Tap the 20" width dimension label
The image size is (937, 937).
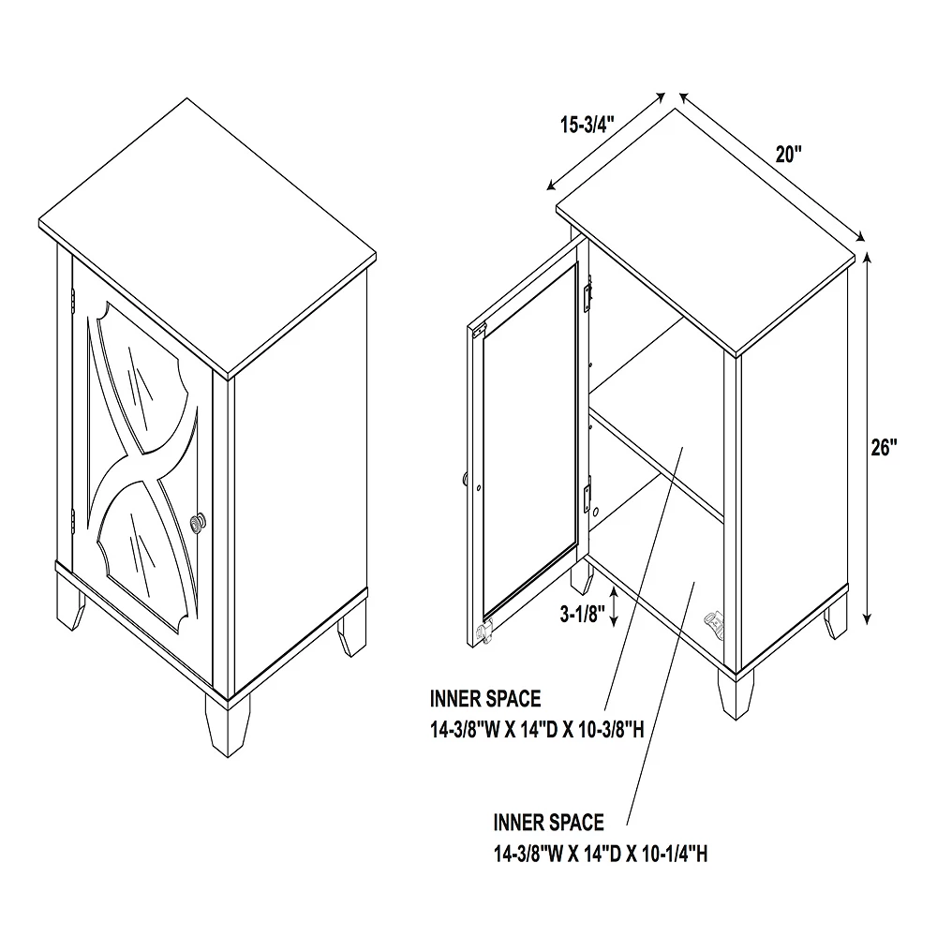click(789, 155)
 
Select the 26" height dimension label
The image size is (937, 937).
click(885, 448)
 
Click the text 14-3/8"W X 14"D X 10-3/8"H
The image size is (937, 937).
click(537, 730)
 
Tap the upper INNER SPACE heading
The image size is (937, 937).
click(485, 699)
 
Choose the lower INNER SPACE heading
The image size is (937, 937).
click(549, 823)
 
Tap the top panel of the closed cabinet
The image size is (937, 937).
click(206, 234)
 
